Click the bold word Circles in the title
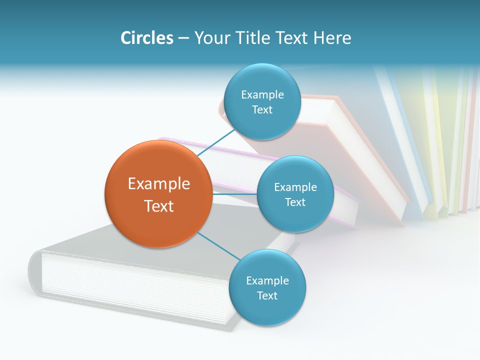point(146,38)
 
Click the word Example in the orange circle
point(159,184)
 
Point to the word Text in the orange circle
point(159,206)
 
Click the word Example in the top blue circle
point(262,95)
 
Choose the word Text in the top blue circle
point(262,110)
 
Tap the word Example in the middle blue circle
point(295,187)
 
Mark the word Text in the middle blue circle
point(295,202)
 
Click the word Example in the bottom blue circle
point(267,281)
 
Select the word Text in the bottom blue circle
point(267,296)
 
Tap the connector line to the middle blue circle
point(234,194)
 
